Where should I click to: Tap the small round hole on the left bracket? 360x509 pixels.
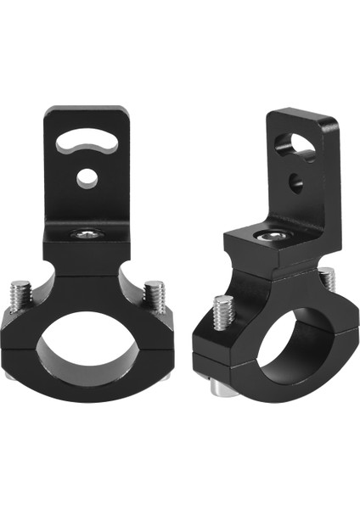(x=86, y=177)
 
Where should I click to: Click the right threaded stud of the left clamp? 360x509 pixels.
(x=153, y=297)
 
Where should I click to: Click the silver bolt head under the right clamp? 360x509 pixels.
(x=217, y=386)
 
